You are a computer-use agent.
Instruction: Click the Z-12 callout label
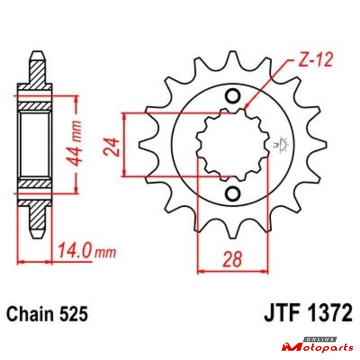316,60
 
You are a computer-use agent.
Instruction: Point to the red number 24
112,147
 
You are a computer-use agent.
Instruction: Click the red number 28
232,260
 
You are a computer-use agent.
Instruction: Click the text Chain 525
47,314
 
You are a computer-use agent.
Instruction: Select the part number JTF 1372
308,313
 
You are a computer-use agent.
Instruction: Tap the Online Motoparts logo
318,344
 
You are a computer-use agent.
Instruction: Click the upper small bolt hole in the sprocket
233,96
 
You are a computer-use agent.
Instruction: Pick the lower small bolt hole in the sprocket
233,194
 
